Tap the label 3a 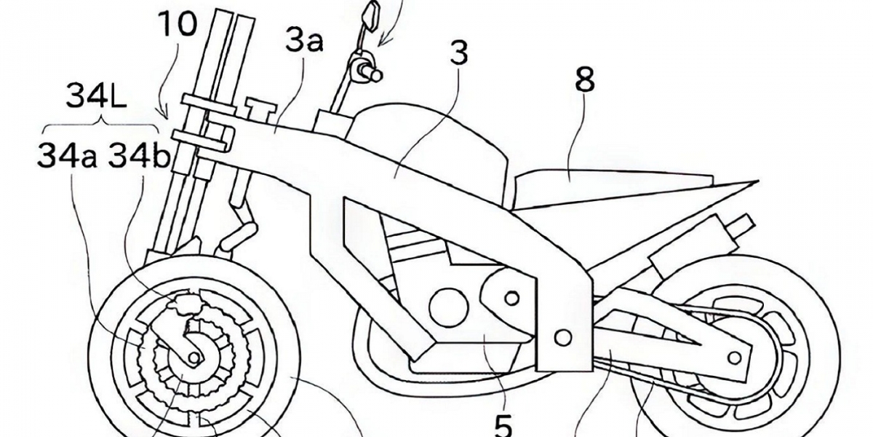click(304, 42)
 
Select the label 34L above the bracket click(98, 95)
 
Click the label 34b click(138, 155)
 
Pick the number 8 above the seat click(583, 81)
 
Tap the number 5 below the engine click(503, 423)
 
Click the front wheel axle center click(193, 357)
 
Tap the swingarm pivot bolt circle click(562, 336)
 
